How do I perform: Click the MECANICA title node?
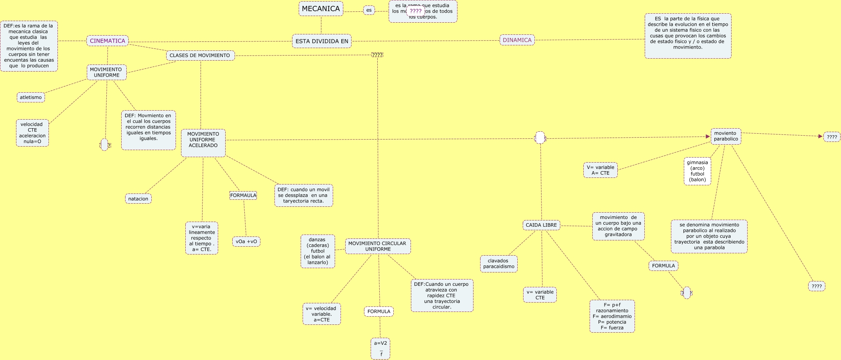click(321, 9)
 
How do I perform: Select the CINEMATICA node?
click(108, 41)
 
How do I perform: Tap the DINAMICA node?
click(517, 40)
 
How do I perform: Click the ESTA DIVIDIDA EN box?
click(321, 41)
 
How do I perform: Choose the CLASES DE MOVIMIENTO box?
click(200, 56)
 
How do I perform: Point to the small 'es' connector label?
click(369, 10)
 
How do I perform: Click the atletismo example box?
click(31, 97)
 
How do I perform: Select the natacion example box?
click(138, 199)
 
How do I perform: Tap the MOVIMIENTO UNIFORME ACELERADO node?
click(203, 143)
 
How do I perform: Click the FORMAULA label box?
click(243, 195)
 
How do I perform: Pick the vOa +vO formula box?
click(246, 242)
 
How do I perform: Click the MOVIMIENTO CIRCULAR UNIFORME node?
click(378, 246)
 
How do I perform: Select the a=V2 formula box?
click(380, 348)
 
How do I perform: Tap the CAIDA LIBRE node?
click(541, 225)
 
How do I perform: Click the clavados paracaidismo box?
click(499, 264)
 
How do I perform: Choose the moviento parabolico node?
click(726, 136)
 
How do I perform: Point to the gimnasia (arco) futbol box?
click(697, 171)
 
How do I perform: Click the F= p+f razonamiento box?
click(612, 316)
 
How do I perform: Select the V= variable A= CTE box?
click(600, 170)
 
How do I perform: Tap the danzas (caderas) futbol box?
click(317, 251)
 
